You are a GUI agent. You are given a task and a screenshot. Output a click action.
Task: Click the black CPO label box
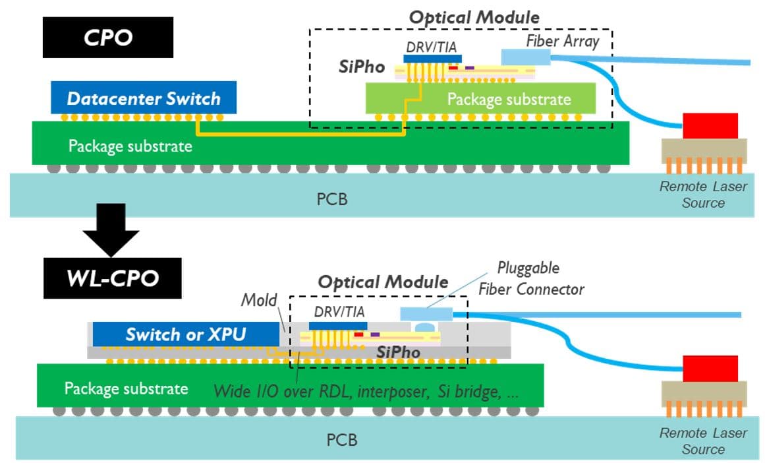click(107, 38)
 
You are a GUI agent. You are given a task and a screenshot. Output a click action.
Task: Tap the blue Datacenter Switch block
click(144, 99)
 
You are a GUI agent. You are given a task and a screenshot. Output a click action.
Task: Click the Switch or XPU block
click(185, 334)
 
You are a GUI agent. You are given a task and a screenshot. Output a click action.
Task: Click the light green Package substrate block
click(481, 99)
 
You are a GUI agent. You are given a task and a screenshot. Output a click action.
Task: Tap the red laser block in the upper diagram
click(710, 125)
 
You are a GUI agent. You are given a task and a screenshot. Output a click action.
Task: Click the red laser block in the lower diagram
click(710, 368)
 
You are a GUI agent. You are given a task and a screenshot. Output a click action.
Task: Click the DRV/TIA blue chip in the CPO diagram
click(432, 59)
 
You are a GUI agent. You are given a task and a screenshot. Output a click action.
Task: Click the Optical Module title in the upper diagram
click(474, 16)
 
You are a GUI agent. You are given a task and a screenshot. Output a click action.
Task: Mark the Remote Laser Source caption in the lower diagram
click(703, 441)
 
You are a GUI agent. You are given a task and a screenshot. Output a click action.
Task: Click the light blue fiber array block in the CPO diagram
click(524, 58)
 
